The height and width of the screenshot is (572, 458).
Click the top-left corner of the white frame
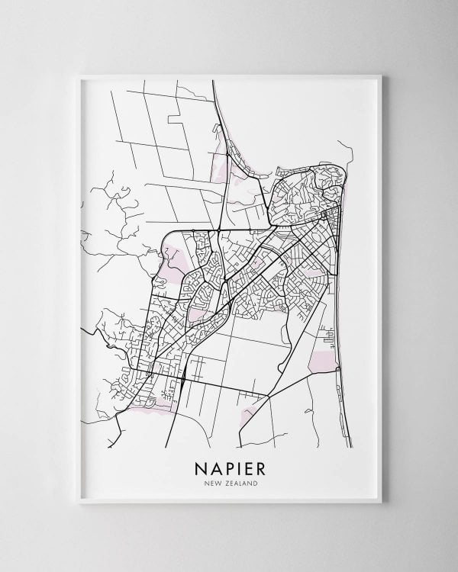79,76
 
